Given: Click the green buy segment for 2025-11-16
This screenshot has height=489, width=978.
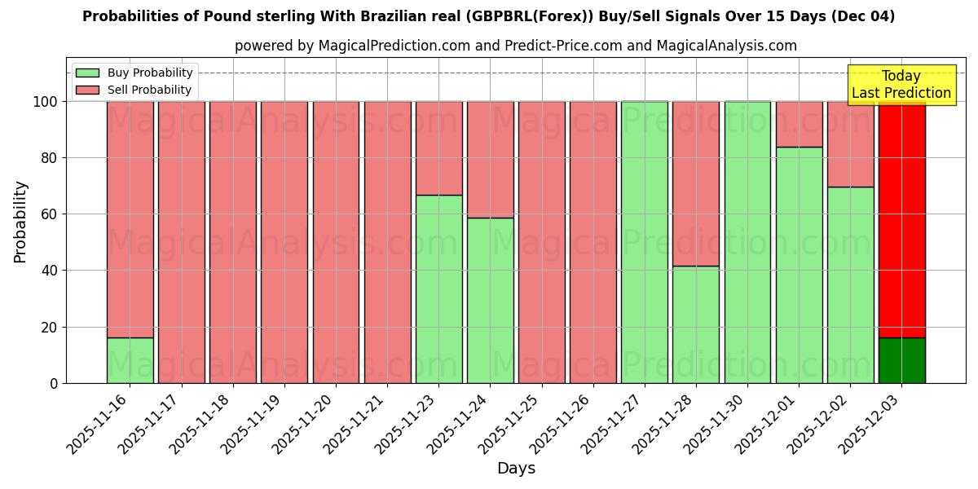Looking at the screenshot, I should coord(130,360).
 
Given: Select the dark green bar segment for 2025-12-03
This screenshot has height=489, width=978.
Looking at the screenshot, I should coord(901,360).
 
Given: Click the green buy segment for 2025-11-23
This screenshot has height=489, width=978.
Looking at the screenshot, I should coord(438,289).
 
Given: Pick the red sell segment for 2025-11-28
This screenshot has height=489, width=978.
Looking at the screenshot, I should coord(696,183).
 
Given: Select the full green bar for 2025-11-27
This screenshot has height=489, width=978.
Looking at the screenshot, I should coord(645,242).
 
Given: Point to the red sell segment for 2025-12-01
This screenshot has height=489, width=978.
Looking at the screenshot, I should coord(799,124).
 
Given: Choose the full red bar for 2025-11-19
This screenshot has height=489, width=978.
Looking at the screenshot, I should coord(284,242).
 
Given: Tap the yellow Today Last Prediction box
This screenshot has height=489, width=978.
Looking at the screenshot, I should coord(901,85).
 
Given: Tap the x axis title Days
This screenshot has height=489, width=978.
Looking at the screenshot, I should coord(516,469).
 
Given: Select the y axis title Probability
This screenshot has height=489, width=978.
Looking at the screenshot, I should coord(20,222).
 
